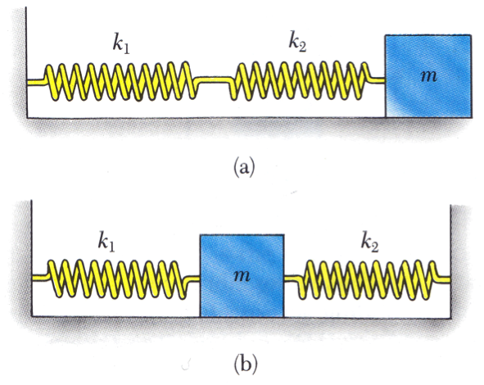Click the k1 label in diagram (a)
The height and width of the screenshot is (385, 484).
[121, 46]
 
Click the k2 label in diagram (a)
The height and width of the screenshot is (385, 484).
[297, 43]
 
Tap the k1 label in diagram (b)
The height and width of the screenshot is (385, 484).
[106, 242]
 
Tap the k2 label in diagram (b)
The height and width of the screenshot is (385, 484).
[370, 243]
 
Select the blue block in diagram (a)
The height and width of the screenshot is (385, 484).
[428, 76]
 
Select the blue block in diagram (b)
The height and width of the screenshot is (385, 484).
[242, 276]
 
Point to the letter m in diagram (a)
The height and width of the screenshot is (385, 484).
[429, 75]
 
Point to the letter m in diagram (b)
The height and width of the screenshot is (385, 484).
[242, 276]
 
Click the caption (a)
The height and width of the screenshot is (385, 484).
[245, 167]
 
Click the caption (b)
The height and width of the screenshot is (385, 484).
[246, 365]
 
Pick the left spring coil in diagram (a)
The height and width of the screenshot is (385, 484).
[120, 82]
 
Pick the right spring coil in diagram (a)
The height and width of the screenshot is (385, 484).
[300, 81]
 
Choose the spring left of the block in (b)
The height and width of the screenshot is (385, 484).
[117, 279]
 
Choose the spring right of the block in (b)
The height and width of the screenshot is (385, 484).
[368, 280]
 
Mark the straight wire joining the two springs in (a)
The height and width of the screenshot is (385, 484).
[214, 79]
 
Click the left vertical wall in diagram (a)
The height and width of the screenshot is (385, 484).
[27, 61]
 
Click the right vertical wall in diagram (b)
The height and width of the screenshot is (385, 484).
[450, 260]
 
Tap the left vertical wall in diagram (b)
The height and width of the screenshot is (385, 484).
[32, 258]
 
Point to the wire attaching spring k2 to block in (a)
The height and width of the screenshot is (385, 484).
[378, 80]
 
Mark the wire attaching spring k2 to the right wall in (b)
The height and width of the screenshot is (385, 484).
[443, 279]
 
